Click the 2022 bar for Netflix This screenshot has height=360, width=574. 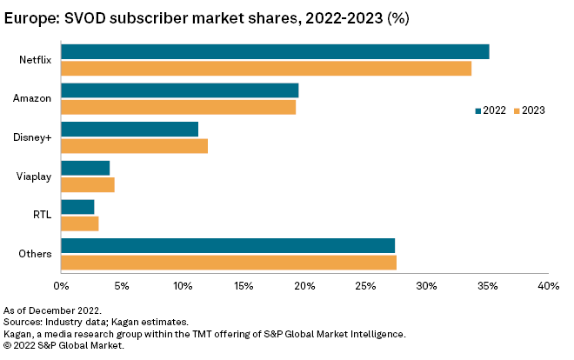pyautogui.click(x=275, y=52)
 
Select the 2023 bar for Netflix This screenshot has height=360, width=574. pyautogui.click(x=266, y=69)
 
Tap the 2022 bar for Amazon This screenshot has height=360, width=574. pyautogui.click(x=180, y=90)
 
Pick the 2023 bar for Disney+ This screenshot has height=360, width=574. pyautogui.click(x=135, y=146)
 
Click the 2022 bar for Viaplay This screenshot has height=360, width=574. pyautogui.click(x=85, y=168)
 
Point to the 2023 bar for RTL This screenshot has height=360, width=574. pyautogui.click(x=80, y=223)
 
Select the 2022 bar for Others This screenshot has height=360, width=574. pyautogui.click(x=228, y=245)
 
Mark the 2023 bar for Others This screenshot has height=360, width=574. pyautogui.click(x=229, y=263)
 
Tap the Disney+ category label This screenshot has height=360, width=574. pyautogui.click(x=32, y=137)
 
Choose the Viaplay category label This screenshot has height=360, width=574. pyautogui.click(x=34, y=177)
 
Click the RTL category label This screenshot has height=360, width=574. pyautogui.click(x=42, y=215)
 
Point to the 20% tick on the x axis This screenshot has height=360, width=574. pyautogui.click(x=304, y=285)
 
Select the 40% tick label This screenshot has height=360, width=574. pyautogui.click(x=548, y=285)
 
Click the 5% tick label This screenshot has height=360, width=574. pyautogui.click(x=122, y=285)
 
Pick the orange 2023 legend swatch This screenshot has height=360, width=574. pyautogui.click(x=516, y=110)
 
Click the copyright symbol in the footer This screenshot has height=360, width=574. pyautogui.click(x=7, y=345)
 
